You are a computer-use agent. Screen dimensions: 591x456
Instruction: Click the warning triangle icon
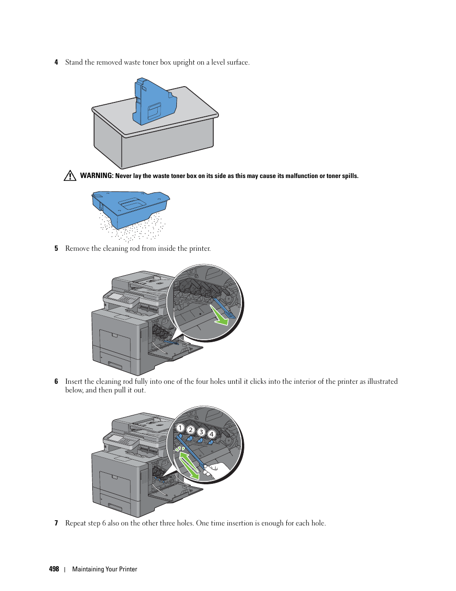click(70, 176)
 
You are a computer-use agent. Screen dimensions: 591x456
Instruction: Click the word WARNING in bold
click(97, 176)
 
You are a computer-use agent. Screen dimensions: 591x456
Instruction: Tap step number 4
click(56, 62)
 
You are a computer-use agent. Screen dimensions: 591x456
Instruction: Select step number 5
click(56, 248)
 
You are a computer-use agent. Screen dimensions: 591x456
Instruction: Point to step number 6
click(56, 381)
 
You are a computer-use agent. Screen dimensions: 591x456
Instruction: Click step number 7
click(56, 523)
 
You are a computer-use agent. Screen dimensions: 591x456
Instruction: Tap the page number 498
click(54, 569)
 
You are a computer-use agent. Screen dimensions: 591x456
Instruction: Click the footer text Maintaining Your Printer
click(105, 569)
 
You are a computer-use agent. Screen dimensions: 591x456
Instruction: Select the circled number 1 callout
click(180, 428)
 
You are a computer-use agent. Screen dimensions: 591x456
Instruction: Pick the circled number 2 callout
click(190, 430)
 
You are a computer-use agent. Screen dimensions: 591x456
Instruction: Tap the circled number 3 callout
click(201, 432)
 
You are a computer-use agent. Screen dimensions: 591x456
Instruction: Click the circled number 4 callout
click(211, 434)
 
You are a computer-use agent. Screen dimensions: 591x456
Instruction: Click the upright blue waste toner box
click(154, 102)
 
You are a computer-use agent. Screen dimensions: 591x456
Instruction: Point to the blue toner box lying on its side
click(130, 206)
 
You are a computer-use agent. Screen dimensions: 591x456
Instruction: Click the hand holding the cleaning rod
click(213, 470)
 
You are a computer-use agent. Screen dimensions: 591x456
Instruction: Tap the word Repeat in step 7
click(76, 523)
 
